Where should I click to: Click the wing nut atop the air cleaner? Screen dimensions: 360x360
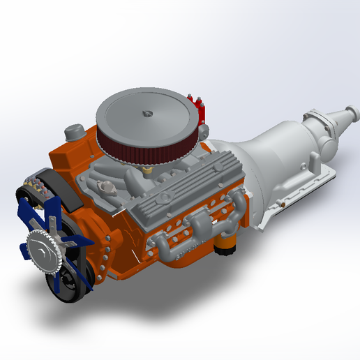point(147,112)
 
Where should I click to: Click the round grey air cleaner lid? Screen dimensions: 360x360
point(150,119)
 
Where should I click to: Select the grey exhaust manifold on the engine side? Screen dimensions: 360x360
point(202,227)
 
